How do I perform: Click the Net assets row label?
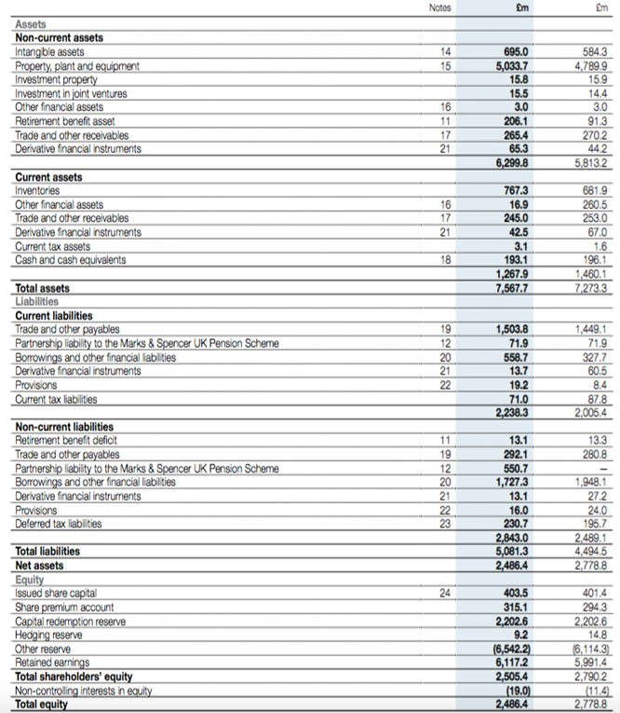(x=40, y=564)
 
